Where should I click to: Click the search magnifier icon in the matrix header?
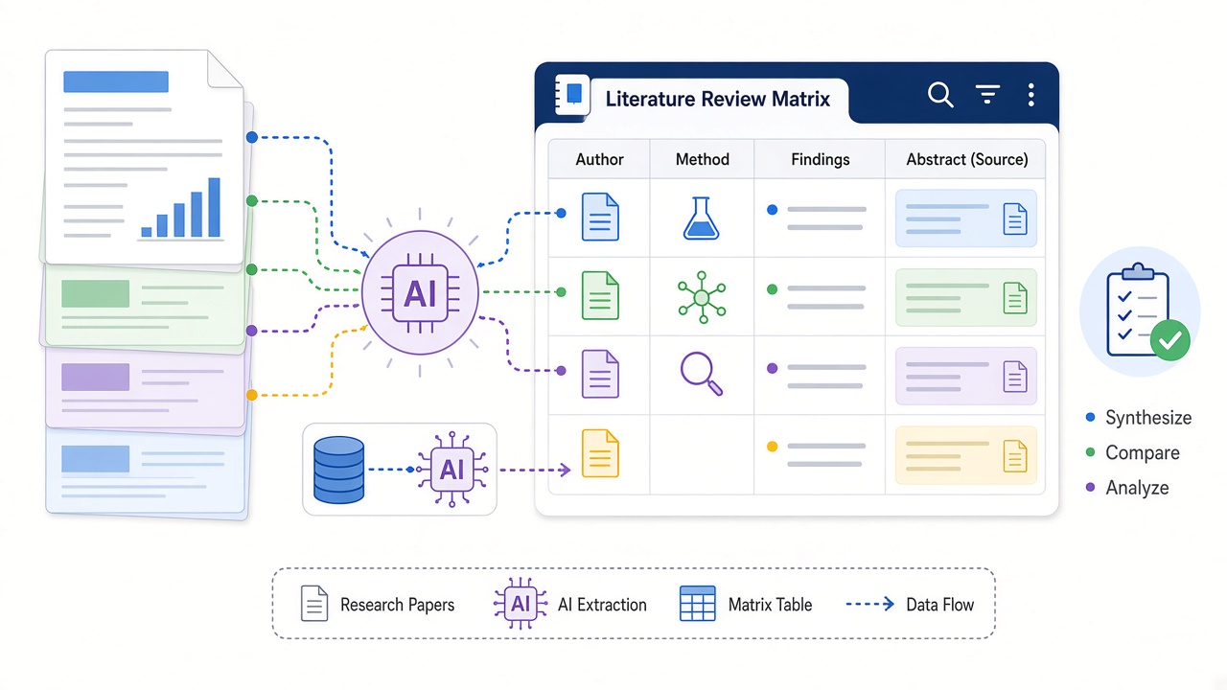pyautogui.click(x=940, y=95)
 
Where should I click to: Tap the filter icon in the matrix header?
pyautogui.click(x=987, y=94)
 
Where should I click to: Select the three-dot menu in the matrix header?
pyautogui.click(x=1030, y=95)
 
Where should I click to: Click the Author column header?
pyautogui.click(x=599, y=159)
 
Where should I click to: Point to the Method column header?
pyautogui.click(x=703, y=159)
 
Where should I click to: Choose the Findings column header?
pyautogui.click(x=820, y=159)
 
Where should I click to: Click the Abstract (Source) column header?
pyautogui.click(x=967, y=159)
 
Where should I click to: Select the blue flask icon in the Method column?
pyautogui.click(x=701, y=218)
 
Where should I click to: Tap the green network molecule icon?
pyautogui.click(x=702, y=297)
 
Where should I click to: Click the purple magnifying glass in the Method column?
pyautogui.click(x=701, y=374)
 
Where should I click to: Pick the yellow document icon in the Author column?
pyautogui.click(x=600, y=453)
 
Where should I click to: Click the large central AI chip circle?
pyautogui.click(x=420, y=292)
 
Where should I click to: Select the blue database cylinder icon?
pyautogui.click(x=339, y=470)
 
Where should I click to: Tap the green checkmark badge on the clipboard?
pyautogui.click(x=1170, y=340)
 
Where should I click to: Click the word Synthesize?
pyautogui.click(x=1148, y=418)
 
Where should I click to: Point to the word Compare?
pyautogui.click(x=1142, y=453)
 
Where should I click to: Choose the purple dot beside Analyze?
pyautogui.click(x=1090, y=487)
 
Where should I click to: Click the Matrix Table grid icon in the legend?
pyautogui.click(x=697, y=604)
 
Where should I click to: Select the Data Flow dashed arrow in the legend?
pyautogui.click(x=869, y=604)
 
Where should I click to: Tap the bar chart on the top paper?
pyautogui.click(x=182, y=209)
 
